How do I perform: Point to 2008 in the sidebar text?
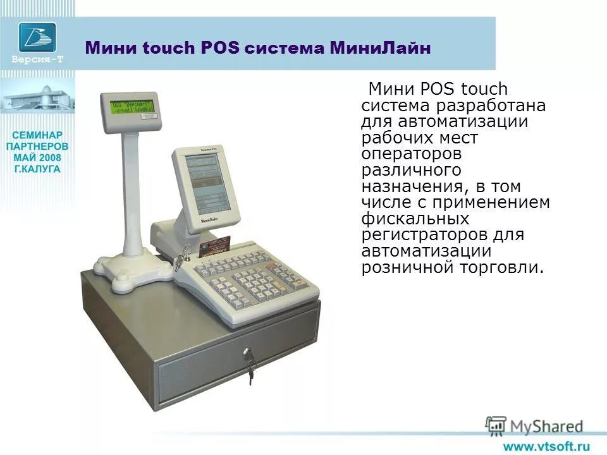click(x=51, y=157)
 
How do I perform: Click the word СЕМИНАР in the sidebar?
click(x=37, y=135)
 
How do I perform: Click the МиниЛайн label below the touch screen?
click(x=213, y=221)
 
